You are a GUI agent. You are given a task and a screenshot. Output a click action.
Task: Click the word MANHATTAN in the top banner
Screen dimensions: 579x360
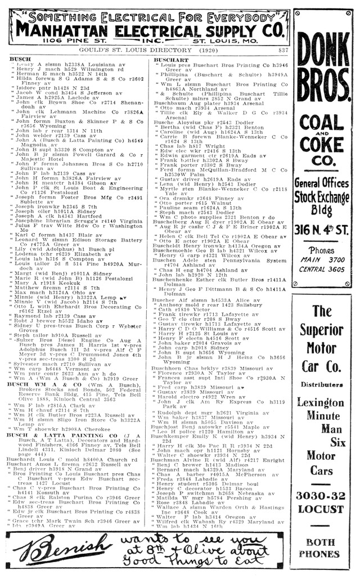(65, 30)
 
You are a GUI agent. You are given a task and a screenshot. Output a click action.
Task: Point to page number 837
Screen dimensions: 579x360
(283, 50)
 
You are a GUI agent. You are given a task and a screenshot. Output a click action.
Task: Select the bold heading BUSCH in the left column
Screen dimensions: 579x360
(20, 59)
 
